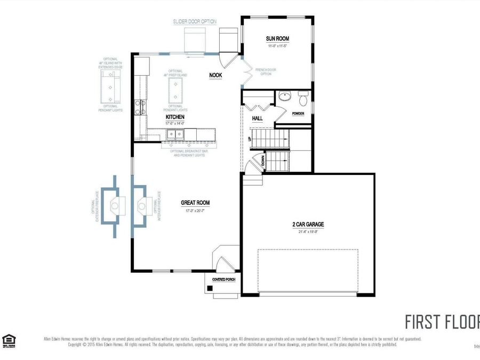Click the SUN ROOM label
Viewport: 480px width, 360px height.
tap(277, 38)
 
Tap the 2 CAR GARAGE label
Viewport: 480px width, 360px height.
tap(308, 225)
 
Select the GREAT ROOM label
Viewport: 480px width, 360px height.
tap(195, 203)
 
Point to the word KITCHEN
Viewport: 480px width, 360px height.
tap(175, 117)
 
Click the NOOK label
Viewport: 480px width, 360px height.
tap(215, 75)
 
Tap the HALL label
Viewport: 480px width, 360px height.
tap(258, 118)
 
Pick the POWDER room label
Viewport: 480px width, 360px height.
tap(298, 114)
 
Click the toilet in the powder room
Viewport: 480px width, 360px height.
tap(303, 99)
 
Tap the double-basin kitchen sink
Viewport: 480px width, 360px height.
tap(175, 134)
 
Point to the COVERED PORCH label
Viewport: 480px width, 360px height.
tap(223, 279)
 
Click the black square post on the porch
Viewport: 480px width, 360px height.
tap(210, 289)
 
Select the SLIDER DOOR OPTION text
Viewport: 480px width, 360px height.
tap(195, 22)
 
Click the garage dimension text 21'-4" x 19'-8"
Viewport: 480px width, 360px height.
tap(308, 231)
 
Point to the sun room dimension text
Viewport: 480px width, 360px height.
tap(277, 46)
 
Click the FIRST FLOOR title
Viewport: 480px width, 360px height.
tap(442, 322)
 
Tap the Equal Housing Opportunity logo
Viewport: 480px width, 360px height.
tap(9, 340)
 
